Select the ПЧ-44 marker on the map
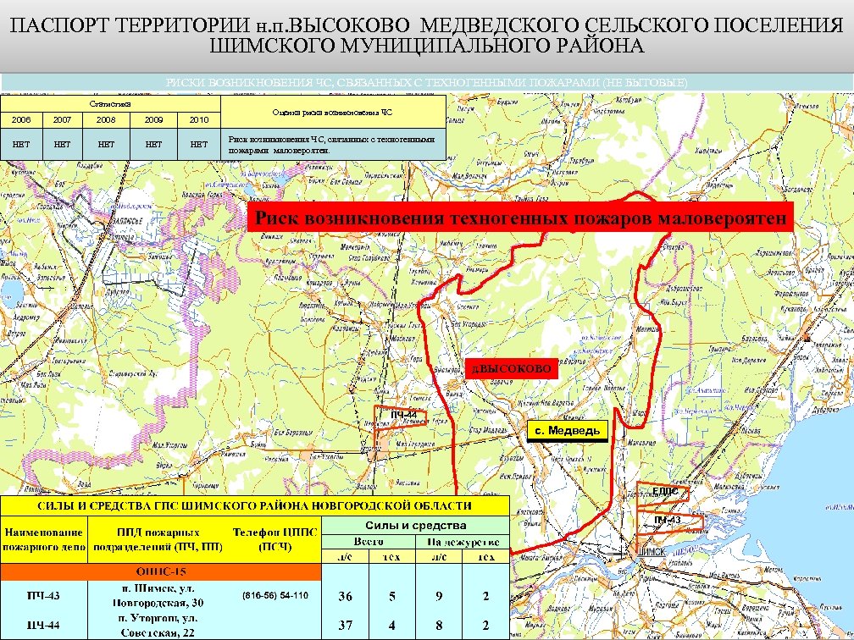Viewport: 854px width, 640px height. point(404,414)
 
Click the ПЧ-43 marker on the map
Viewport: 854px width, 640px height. point(668,519)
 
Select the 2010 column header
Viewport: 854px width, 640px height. point(198,120)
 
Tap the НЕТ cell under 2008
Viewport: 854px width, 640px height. point(107,144)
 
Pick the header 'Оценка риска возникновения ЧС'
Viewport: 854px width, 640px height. point(332,112)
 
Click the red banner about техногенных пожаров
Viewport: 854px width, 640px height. point(520,218)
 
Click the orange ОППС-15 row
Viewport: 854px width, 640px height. point(161,571)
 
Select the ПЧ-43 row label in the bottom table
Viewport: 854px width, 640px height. point(42,597)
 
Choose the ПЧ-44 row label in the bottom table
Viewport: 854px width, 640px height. point(42,626)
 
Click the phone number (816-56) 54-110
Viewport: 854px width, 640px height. point(276,596)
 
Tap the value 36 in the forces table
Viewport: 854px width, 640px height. point(345,597)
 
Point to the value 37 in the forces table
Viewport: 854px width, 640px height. point(345,626)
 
